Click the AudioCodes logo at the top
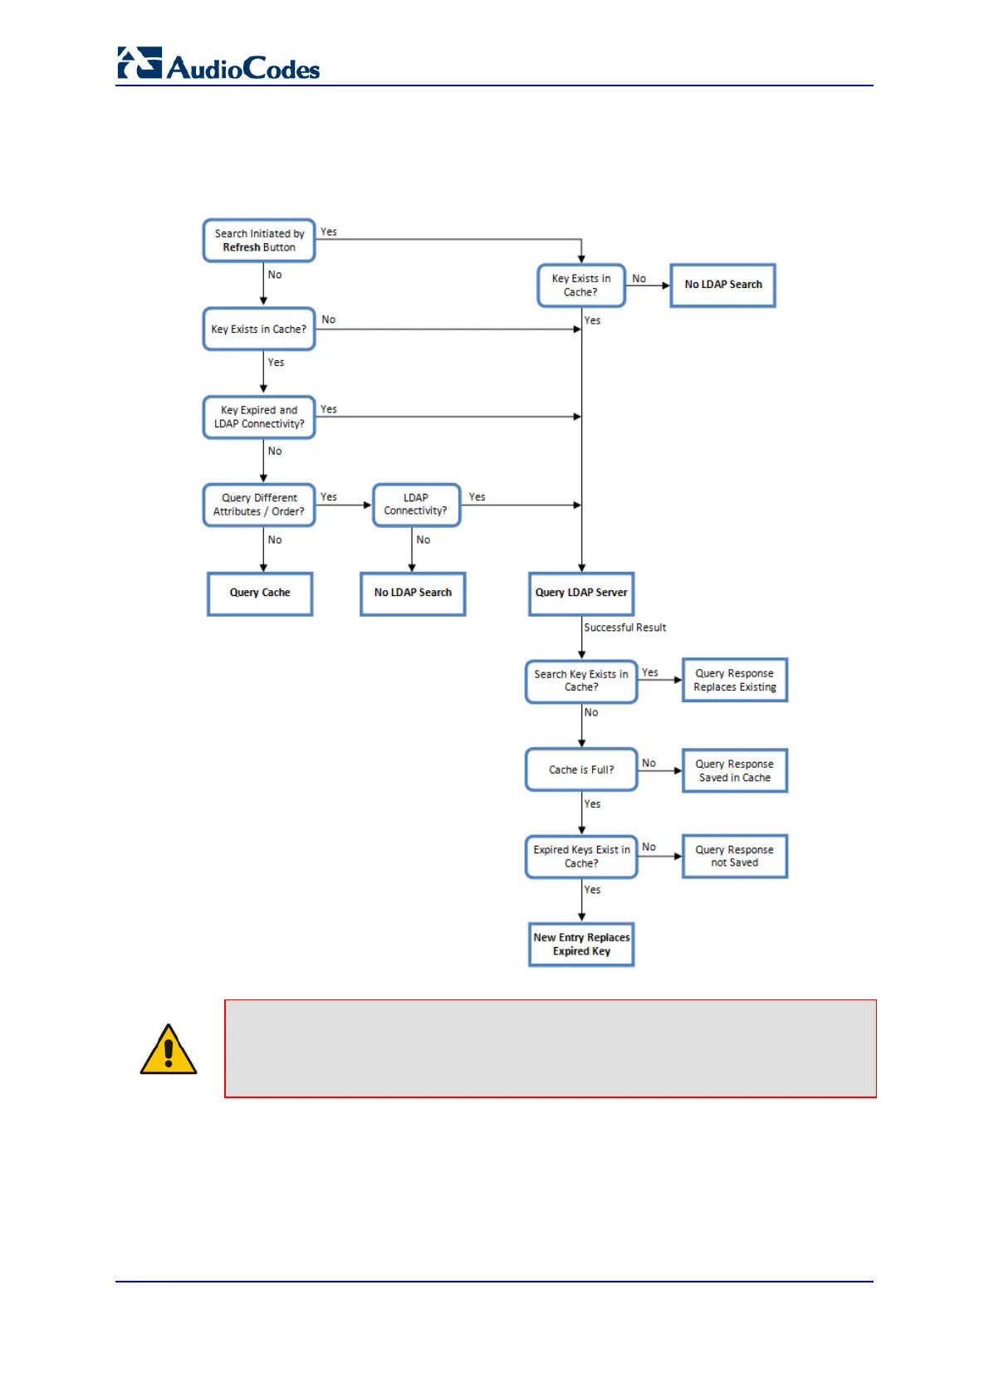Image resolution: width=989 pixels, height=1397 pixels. (218, 65)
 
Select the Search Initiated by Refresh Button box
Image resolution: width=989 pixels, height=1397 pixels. (259, 241)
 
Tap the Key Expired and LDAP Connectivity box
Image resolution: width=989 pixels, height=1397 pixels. (259, 417)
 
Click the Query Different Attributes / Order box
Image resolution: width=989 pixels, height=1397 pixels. (259, 505)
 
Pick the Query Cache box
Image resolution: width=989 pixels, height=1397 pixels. (260, 593)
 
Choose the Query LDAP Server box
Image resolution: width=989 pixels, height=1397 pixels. (581, 593)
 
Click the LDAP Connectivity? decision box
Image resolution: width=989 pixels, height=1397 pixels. (416, 505)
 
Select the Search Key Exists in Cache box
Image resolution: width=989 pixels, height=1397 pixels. (581, 681)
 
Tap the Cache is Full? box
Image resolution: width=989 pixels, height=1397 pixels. (581, 770)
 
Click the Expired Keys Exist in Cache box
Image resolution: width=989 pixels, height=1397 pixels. (581, 857)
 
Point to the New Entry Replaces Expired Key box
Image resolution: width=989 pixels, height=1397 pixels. (581, 945)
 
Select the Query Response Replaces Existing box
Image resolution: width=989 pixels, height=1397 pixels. (735, 681)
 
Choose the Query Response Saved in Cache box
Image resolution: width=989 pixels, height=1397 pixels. (735, 771)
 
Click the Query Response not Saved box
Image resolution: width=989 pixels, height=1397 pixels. (735, 857)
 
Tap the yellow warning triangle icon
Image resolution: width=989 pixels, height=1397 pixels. (169, 1051)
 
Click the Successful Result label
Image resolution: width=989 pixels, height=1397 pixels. (624, 628)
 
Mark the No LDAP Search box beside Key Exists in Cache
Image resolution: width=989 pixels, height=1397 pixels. (722, 285)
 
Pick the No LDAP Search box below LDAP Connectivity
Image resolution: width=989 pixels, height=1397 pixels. (413, 593)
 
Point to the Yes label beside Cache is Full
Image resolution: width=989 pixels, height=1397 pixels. (592, 804)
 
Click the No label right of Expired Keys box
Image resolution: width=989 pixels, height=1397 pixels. (649, 847)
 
